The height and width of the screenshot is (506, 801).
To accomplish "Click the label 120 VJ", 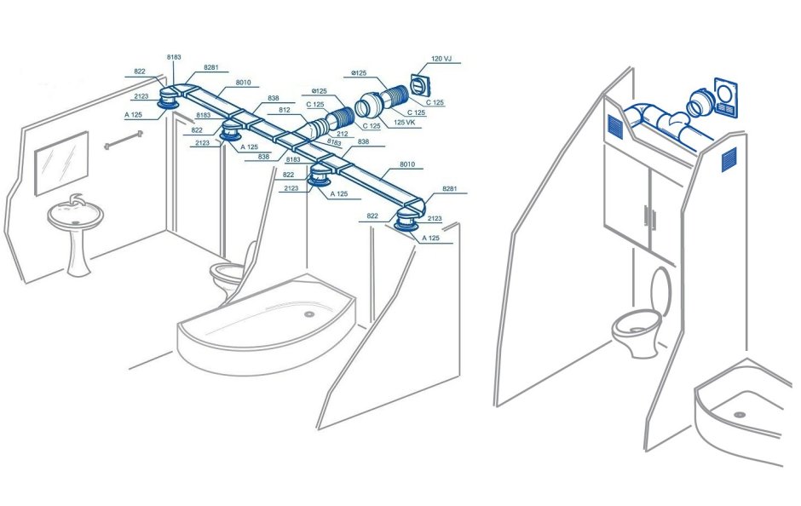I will pos(442,59).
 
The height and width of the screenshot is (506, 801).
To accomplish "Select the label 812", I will pos(285,111).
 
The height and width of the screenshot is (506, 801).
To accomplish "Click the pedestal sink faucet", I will pos(75,203).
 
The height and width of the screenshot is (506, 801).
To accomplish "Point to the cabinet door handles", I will pos(649,217).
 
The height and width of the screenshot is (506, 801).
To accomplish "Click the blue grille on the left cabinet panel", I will pos(615,126).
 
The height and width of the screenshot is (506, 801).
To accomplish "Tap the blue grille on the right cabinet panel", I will pos(729,158).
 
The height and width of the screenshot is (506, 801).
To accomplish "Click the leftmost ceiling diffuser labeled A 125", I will pos(167,103).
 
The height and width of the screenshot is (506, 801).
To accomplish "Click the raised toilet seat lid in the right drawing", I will pos(659,293).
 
